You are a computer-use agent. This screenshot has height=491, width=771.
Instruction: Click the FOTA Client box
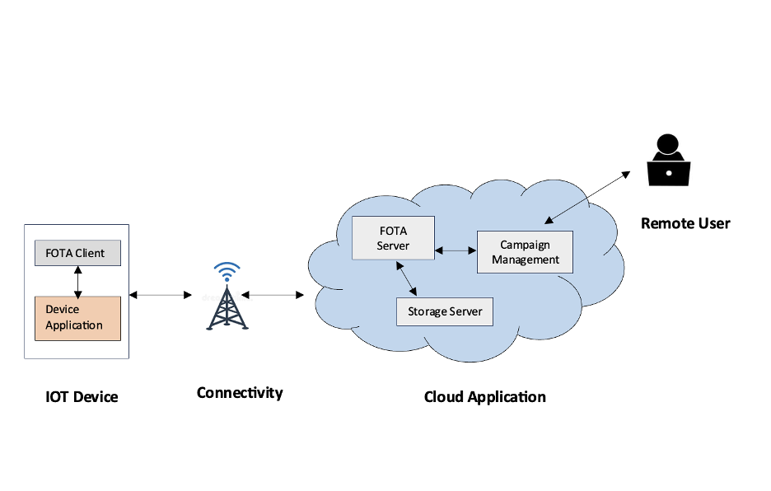77,253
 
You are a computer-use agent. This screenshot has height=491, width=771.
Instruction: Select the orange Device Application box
77,318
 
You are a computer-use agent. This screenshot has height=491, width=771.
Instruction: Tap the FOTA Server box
393,238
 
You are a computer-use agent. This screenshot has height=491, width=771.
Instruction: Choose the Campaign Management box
525,252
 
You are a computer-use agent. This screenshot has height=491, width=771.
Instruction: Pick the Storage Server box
444,312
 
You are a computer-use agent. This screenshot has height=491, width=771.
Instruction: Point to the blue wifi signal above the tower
227,271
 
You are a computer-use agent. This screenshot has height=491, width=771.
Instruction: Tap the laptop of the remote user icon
668,173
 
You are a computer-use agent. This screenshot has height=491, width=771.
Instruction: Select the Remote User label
685,223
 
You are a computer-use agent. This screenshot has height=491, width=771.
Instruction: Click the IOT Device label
82,397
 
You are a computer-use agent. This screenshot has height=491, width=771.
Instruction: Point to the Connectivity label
240,393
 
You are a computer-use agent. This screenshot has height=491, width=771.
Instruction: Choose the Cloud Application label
484,397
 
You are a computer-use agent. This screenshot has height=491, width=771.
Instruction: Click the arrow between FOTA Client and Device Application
77,281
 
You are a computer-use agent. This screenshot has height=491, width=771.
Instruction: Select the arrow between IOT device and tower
161,294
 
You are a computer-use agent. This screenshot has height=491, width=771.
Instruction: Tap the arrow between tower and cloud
273,294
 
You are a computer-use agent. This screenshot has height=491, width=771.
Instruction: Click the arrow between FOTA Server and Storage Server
407,278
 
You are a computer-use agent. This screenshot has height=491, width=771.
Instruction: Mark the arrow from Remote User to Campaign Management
586,198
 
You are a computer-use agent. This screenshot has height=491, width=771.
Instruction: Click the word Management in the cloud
526,260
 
